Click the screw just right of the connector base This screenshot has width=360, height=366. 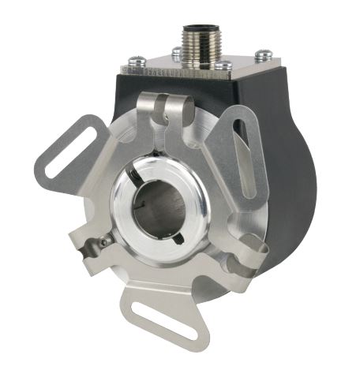coord(223,65)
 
